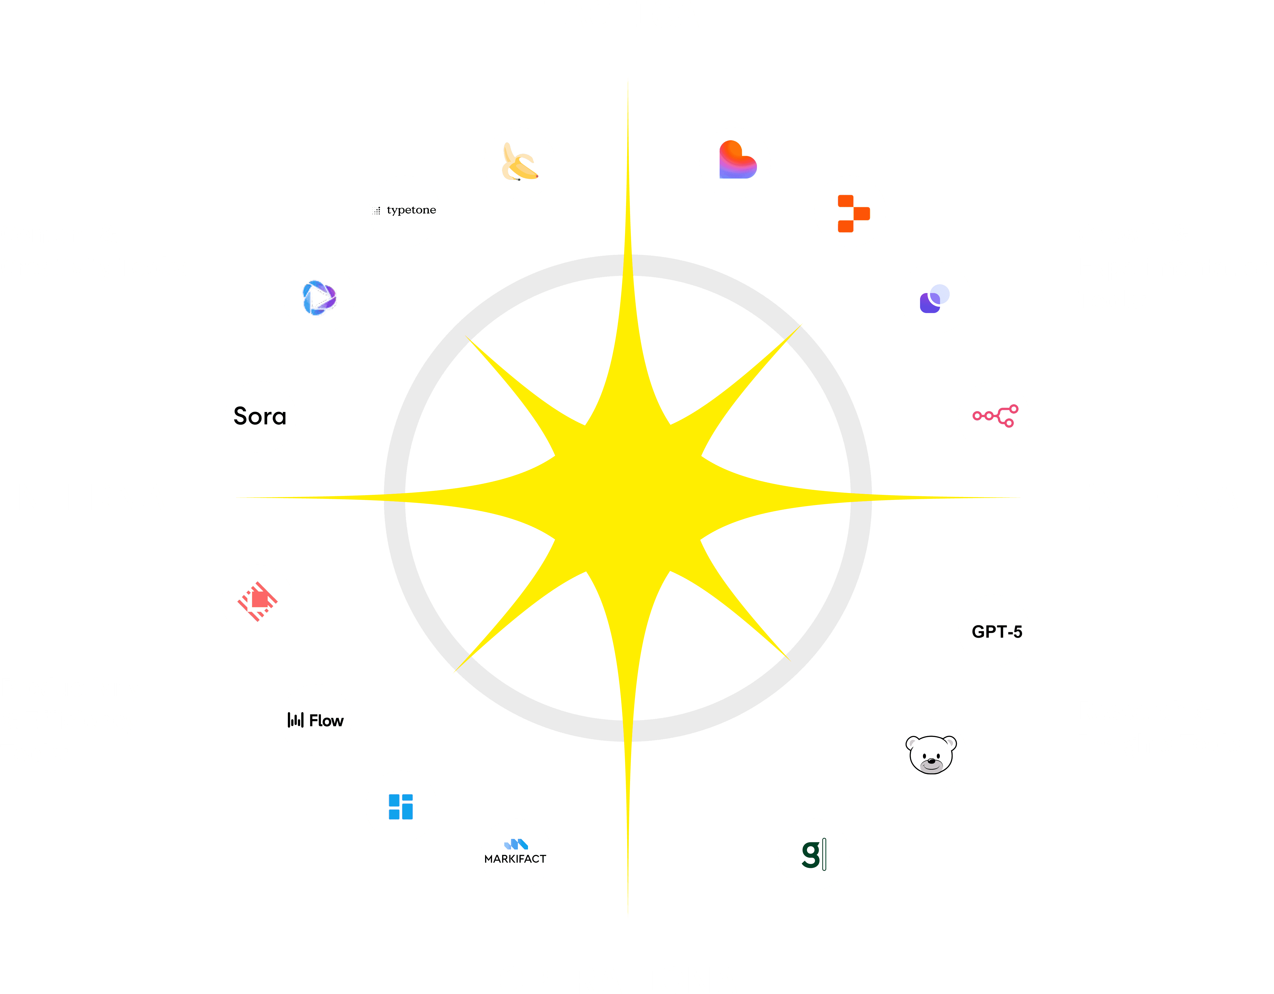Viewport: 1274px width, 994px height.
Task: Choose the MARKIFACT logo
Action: click(516, 854)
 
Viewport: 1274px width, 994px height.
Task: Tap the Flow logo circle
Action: click(316, 720)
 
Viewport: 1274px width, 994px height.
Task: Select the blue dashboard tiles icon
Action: click(401, 806)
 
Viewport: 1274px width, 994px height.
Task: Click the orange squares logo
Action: click(850, 211)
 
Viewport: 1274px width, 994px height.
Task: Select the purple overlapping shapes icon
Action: click(935, 298)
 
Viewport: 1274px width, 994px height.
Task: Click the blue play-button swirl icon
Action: click(319, 298)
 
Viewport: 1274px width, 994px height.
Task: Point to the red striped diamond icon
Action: click(257, 600)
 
